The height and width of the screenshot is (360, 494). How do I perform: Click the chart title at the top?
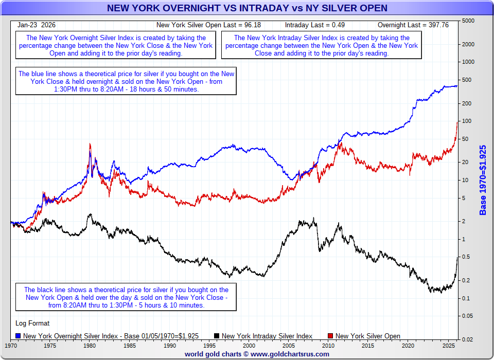[x=247, y=8]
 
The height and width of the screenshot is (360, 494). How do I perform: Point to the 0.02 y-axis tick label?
[x=467, y=339]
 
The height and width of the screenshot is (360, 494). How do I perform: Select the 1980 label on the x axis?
[x=90, y=345]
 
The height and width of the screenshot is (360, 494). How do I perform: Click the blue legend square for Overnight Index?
[x=19, y=336]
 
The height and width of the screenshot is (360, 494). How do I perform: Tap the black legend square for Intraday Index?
[x=217, y=336]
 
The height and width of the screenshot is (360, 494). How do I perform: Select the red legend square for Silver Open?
[x=331, y=336]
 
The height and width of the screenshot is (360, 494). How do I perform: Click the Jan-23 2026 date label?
[x=37, y=25]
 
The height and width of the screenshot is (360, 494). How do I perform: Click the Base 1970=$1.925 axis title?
[x=483, y=180]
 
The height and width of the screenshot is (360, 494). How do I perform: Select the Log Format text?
[x=33, y=323]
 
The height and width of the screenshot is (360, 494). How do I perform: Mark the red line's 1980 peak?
[x=90, y=144]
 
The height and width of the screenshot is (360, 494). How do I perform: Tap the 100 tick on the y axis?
[x=466, y=121]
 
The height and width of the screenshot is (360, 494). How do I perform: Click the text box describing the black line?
[x=126, y=297]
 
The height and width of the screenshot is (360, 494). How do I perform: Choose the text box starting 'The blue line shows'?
[x=126, y=81]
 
